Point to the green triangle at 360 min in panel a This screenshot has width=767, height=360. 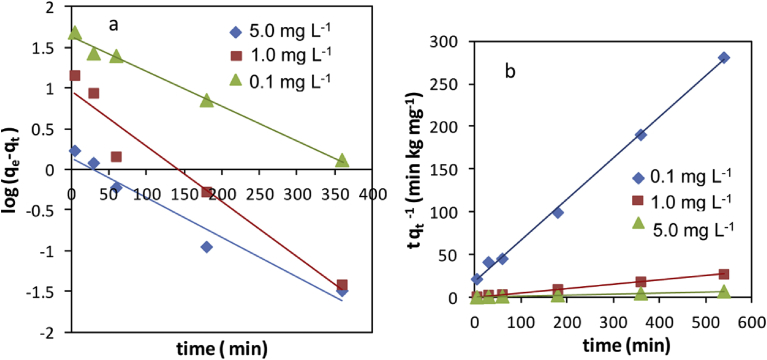(x=343, y=160)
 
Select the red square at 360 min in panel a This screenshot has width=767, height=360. (x=342, y=285)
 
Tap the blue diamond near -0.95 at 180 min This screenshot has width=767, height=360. (x=207, y=246)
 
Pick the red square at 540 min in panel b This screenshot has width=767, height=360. (x=724, y=274)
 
